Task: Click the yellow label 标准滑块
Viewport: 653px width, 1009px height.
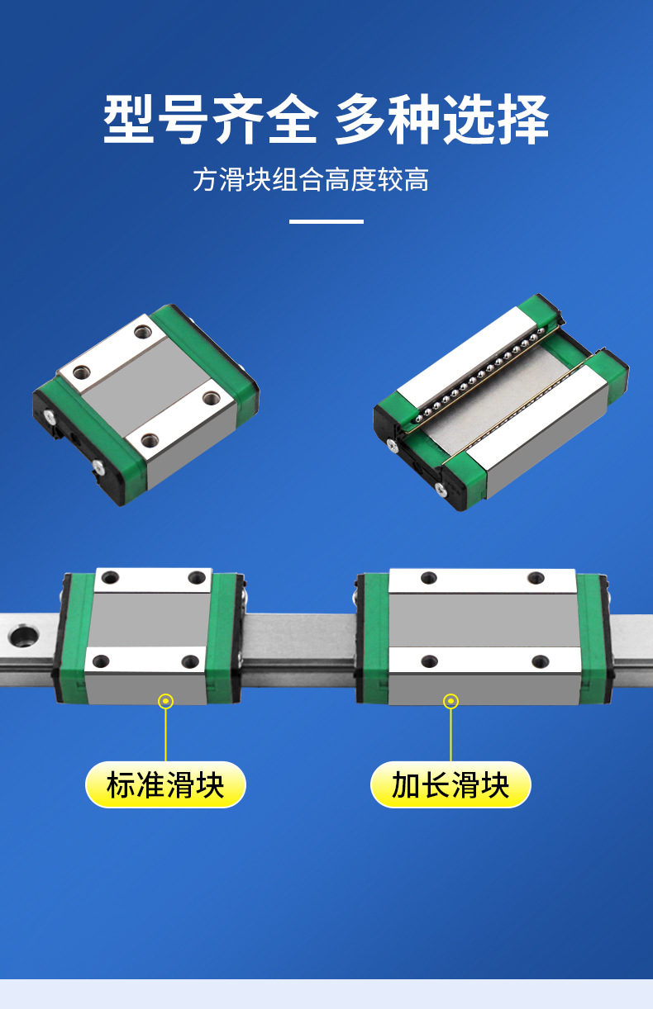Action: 165,784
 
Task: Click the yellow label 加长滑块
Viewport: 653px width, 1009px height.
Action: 450,784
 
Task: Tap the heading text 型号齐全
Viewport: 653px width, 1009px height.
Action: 211,121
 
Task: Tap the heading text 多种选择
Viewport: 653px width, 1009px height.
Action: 442,121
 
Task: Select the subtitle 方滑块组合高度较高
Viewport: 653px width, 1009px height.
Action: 311,180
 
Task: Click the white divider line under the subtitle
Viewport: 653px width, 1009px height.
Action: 326,221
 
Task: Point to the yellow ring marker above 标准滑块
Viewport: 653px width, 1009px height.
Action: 166,701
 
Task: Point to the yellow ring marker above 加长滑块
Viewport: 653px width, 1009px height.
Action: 450,701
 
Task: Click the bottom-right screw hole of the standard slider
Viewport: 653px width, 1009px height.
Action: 191,661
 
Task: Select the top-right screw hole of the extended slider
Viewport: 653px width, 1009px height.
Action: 536,578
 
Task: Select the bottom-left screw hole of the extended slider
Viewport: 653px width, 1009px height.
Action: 429,661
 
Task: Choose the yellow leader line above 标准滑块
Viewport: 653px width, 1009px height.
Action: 166,735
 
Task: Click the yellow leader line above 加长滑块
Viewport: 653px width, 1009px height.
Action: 450,735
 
